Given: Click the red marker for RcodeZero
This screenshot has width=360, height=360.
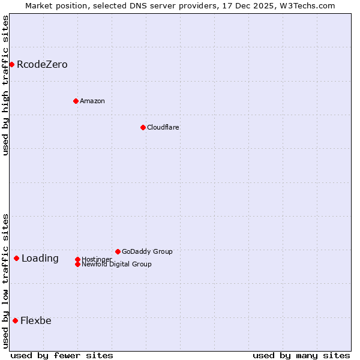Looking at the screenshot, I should [11, 64].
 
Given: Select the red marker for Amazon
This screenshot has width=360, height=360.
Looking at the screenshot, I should [76, 101].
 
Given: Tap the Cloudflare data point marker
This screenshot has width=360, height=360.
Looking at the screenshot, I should [143, 127].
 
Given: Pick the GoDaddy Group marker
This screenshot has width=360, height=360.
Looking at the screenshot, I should [118, 251].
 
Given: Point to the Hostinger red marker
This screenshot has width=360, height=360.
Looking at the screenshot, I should [77, 259].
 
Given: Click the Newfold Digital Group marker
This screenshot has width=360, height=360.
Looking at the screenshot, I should [77, 264].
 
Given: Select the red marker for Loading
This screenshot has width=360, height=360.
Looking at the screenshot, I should [16, 258].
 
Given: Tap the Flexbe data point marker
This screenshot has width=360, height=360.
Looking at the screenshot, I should [15, 320].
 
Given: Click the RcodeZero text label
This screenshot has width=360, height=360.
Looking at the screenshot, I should [42, 64].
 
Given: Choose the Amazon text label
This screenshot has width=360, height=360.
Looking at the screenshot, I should [92, 101].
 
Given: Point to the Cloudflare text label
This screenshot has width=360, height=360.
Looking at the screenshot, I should [163, 127].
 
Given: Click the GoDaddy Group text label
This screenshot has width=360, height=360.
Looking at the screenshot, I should [147, 251].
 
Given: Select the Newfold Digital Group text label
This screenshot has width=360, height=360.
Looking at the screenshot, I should [116, 265].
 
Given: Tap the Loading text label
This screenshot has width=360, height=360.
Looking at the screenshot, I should [40, 259].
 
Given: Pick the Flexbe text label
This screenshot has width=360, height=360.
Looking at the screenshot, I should [36, 320].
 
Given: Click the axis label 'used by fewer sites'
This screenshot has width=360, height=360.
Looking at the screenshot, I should [62, 355].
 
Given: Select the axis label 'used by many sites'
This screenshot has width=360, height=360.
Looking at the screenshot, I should [301, 355].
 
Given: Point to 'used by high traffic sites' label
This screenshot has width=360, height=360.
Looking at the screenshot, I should [5, 85].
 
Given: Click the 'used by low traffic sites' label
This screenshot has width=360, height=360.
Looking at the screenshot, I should [5, 281].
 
